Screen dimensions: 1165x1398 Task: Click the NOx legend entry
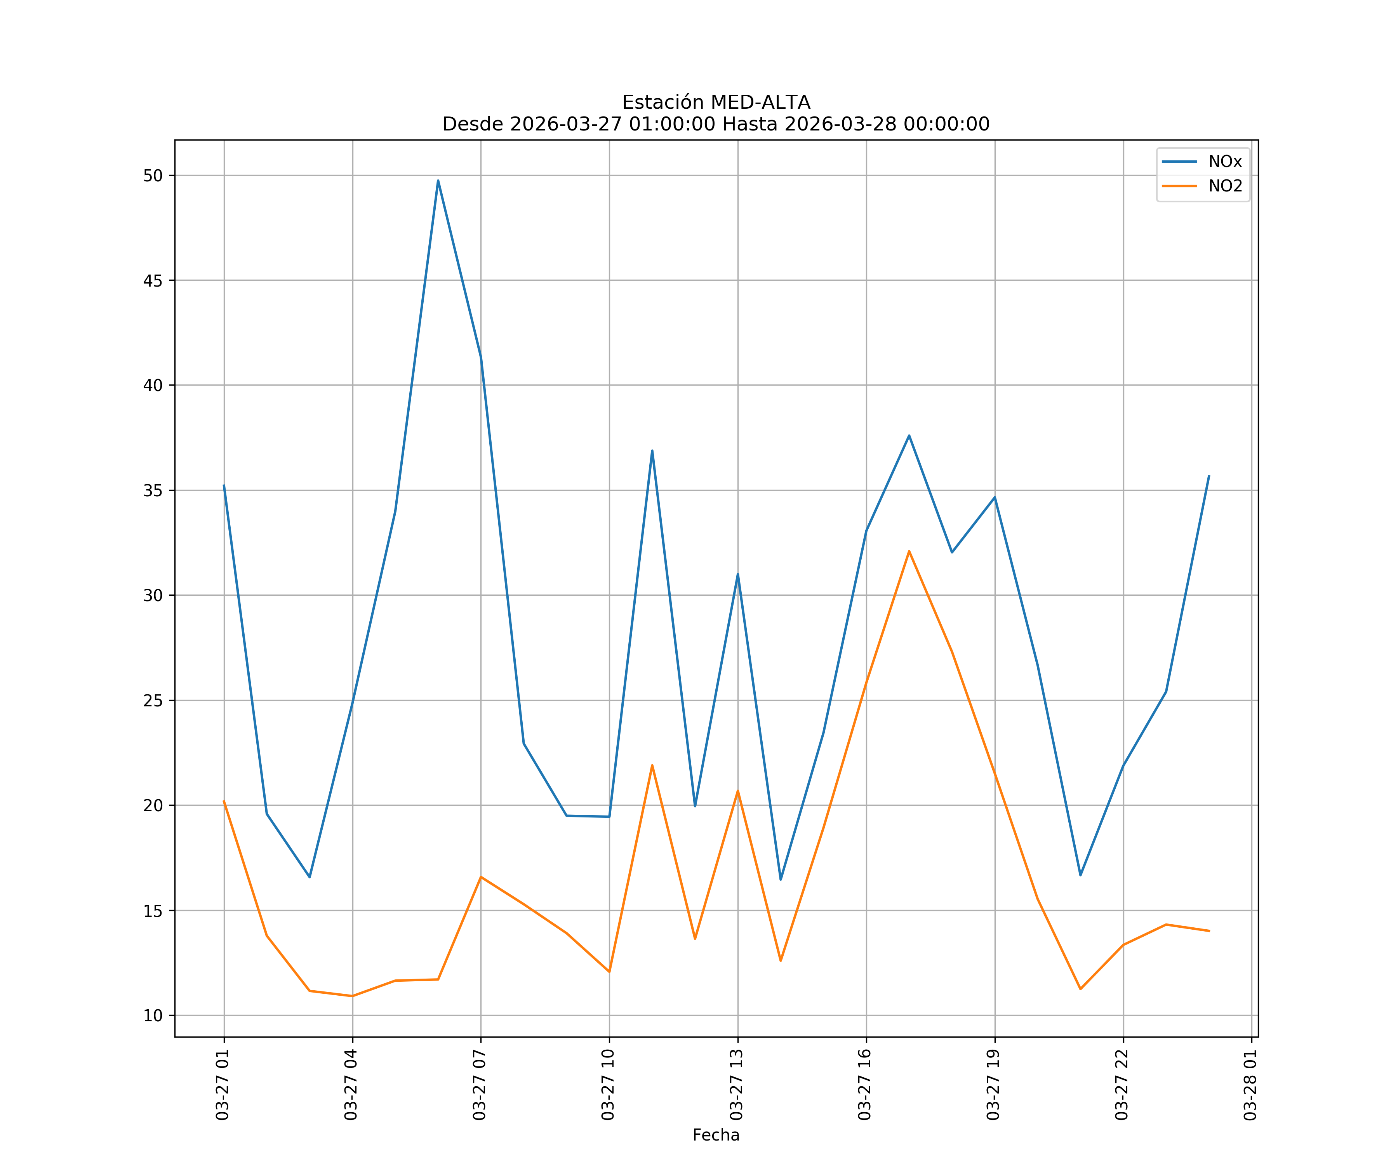point(1224,162)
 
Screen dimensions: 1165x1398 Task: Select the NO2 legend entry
point(1225,186)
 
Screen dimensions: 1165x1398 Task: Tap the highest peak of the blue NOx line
point(438,181)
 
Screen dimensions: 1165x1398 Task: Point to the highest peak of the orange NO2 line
point(909,551)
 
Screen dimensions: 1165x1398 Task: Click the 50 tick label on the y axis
point(153,176)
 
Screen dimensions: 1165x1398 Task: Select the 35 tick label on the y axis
point(153,490)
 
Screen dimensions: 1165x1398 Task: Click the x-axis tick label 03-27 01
point(223,1085)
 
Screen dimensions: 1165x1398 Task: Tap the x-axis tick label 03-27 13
point(736,1085)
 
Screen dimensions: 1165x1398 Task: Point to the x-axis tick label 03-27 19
point(993,1085)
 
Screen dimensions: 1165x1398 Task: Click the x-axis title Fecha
point(716,1135)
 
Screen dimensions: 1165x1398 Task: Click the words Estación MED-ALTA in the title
point(716,103)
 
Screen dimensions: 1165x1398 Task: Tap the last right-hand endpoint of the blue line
point(1209,476)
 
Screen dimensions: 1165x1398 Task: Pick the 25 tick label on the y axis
point(153,700)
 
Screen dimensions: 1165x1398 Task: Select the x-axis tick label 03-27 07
point(479,1085)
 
